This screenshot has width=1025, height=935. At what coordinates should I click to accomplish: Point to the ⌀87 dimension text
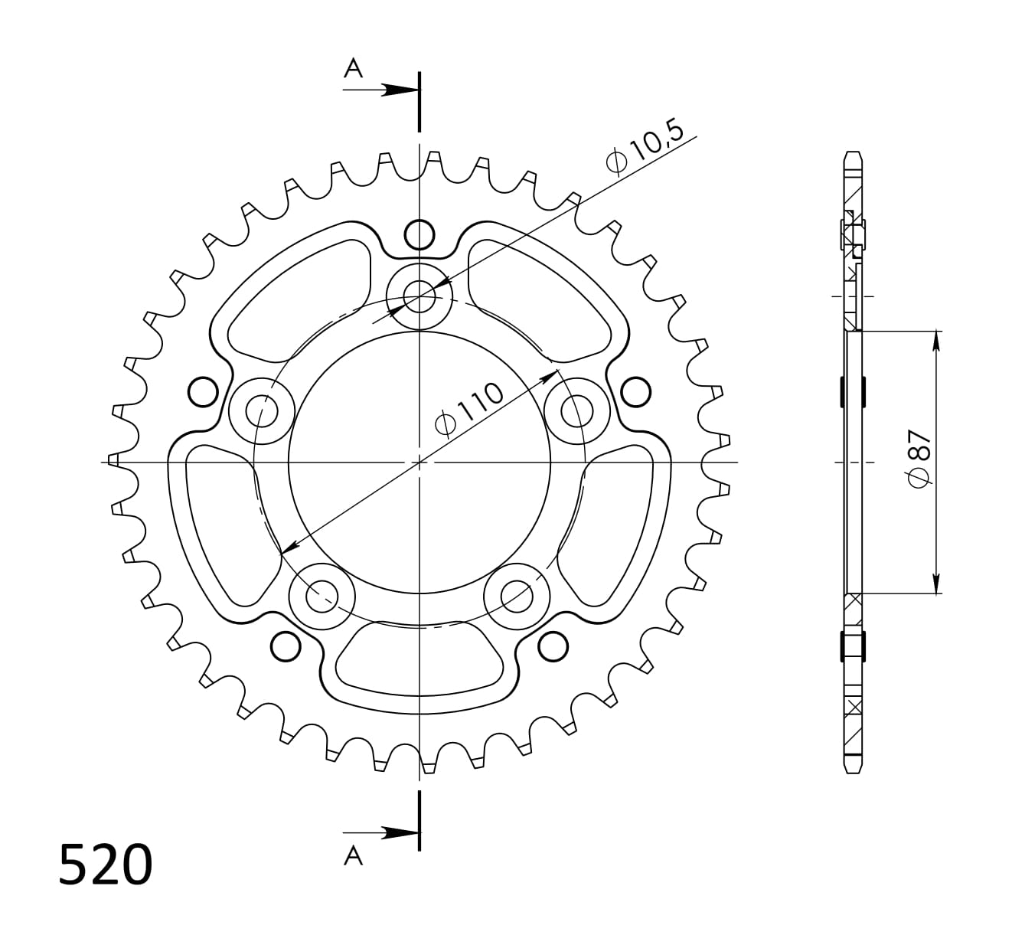(x=919, y=459)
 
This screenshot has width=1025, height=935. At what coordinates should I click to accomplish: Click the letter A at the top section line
(x=353, y=68)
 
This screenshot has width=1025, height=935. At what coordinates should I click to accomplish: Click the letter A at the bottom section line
(x=353, y=855)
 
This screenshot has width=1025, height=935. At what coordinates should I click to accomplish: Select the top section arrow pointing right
(x=381, y=90)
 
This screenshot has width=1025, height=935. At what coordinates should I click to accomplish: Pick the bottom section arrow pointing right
(x=381, y=832)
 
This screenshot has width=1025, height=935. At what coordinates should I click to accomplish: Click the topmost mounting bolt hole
(x=419, y=296)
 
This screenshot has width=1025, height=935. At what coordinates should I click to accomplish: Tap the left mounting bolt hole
(x=262, y=410)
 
